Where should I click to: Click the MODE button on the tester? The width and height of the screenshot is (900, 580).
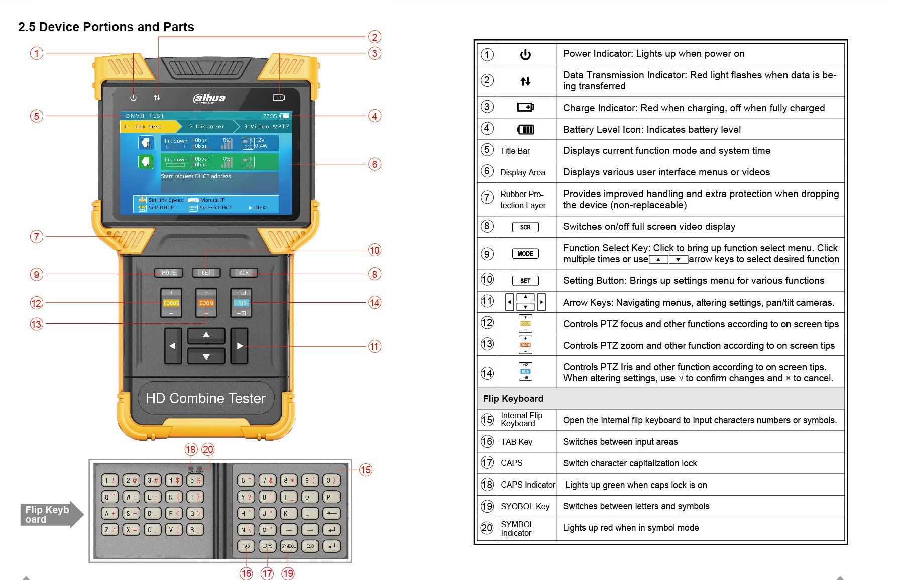coord(168,273)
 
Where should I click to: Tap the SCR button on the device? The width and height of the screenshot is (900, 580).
coord(244,273)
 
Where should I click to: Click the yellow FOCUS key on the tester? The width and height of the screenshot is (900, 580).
coord(171,303)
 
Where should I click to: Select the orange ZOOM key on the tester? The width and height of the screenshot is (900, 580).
coord(206,303)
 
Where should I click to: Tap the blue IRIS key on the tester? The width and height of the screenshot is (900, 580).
coord(241,303)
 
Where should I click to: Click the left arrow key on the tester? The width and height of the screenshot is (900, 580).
coord(173,346)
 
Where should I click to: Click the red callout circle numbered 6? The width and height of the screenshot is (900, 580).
coord(374,164)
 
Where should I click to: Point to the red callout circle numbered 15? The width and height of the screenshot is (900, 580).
coord(365,470)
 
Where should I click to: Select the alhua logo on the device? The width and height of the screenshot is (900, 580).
coord(209,98)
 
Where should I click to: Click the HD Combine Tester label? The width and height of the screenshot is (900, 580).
coord(205,399)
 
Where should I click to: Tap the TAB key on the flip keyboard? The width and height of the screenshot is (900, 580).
coord(246,546)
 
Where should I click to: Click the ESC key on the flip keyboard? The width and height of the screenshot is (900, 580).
coord(310,546)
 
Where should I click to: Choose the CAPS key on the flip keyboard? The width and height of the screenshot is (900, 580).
coord(267,546)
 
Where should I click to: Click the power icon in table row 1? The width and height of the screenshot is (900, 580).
coord(525,54)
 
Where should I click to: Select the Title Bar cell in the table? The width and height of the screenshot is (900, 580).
coord(515,151)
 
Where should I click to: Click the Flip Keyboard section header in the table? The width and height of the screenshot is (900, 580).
coord(513,399)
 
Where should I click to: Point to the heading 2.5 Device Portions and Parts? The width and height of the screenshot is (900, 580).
coord(106,27)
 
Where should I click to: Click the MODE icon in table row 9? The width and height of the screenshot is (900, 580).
coord(525,254)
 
